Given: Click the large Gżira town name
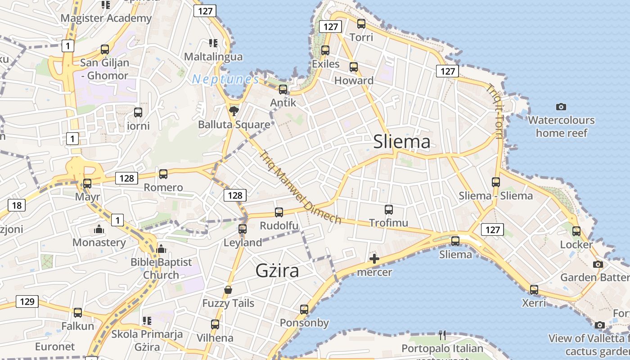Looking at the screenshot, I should [277, 271].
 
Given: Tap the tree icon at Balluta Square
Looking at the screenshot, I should [234, 111].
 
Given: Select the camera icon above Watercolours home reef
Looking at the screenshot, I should [561, 107].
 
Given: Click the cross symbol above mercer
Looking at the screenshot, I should [374, 259].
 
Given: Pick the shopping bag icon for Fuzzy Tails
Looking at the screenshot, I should [228, 290].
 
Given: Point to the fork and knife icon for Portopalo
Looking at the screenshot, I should [442, 335].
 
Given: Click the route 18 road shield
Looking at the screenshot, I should [17, 206].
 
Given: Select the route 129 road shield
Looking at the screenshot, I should [27, 301].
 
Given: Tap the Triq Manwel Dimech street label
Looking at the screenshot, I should [301, 187].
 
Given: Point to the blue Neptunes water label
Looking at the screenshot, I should [225, 80].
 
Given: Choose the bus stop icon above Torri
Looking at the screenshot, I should [361, 24].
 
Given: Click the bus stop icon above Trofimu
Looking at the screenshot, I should [389, 209].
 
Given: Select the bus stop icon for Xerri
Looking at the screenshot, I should [534, 289].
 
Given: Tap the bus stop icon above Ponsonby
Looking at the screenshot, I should [304, 310].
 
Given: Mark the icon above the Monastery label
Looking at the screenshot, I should [99, 229].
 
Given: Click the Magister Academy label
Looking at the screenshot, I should [106, 18].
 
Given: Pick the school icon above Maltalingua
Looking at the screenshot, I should [213, 43].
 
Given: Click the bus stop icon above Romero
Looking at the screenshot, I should [163, 174].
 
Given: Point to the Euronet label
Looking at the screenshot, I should [55, 347].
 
